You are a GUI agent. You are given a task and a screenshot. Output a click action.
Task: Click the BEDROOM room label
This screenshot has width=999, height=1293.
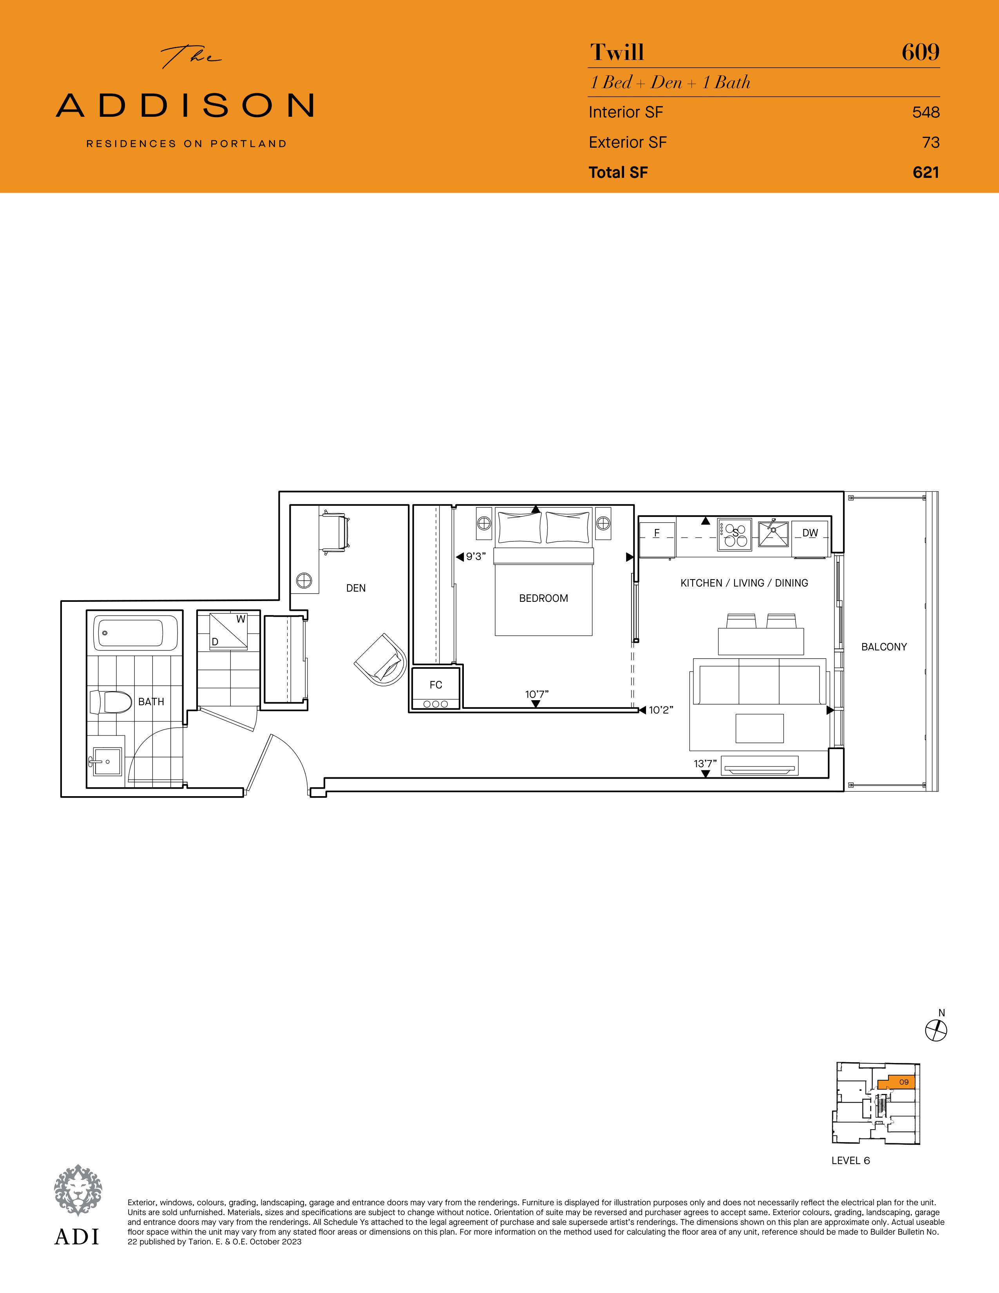pos(543,599)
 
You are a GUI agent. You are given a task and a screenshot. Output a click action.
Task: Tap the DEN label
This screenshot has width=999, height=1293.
pos(356,588)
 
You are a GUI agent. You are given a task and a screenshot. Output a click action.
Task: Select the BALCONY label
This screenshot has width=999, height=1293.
pos(883,647)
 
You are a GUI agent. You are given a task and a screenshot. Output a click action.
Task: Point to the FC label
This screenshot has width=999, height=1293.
pos(436,685)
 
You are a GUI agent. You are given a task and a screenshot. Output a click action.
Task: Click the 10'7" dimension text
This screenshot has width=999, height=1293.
pos(537,694)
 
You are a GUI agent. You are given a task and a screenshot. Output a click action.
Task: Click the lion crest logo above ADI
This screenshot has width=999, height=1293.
pos(78,1190)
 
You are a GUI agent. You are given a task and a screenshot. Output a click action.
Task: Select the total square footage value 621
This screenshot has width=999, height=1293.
pos(926,172)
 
